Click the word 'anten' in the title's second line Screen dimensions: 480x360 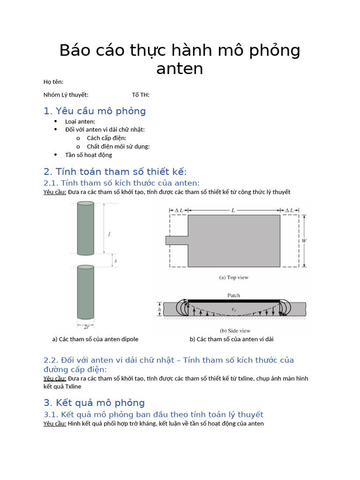coord(180,69)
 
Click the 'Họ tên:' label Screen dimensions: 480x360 coord(53,82)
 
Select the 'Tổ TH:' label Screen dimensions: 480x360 coord(141,95)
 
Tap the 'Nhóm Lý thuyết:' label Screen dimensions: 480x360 coord(66,95)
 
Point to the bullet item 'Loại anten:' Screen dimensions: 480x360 coord(80,121)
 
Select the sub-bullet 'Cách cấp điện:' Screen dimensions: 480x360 coord(106,138)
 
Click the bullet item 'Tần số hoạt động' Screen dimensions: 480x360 coord(89,155)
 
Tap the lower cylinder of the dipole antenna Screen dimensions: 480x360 coord(85,292)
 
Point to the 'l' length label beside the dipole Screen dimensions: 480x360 coord(109,234)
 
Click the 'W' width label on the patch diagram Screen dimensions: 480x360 coord(304,240)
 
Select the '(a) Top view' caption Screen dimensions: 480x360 coord(233,277)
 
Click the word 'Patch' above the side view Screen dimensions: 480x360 coord(233,295)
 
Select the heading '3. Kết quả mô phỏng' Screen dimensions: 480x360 coord(94,403)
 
